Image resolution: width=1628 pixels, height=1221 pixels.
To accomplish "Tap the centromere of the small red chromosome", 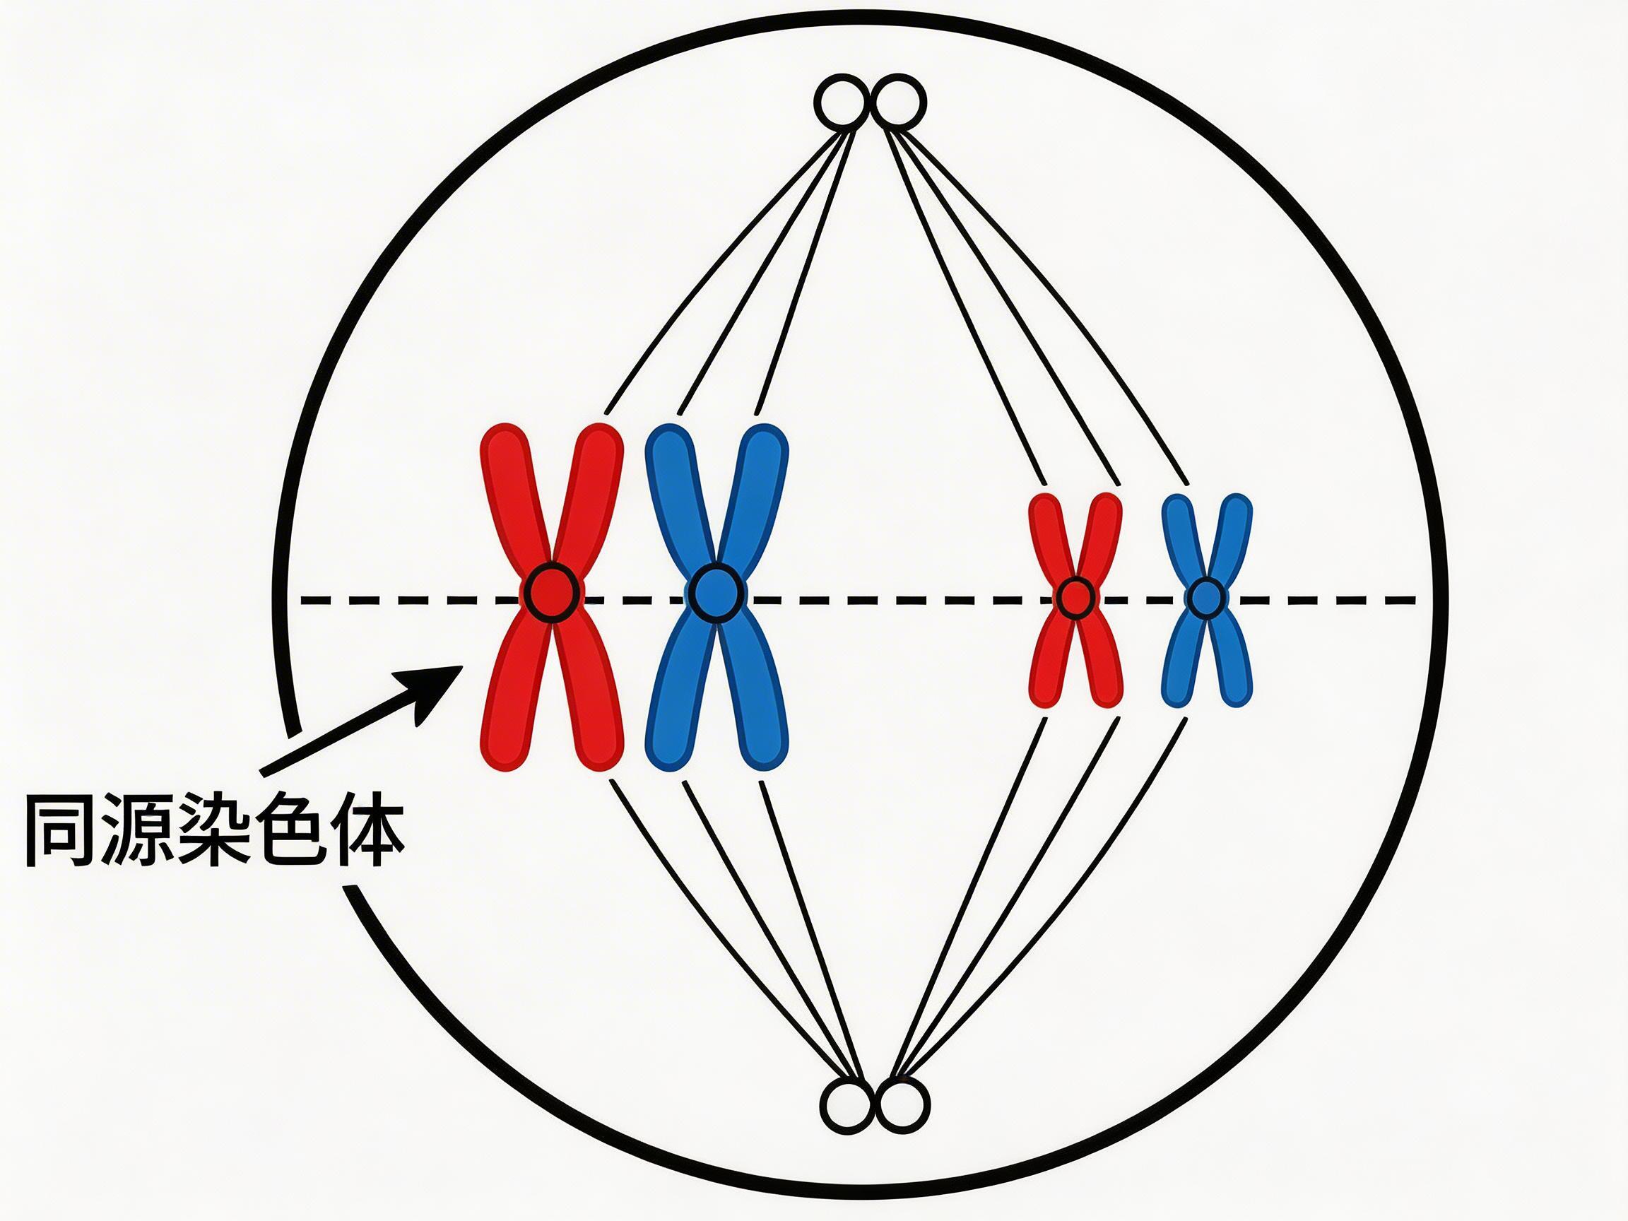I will pos(1075,598).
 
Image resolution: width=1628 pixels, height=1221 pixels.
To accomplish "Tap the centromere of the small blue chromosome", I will pos(1205,598).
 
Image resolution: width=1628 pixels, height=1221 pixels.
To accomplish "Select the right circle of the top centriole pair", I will pos(899,102).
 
